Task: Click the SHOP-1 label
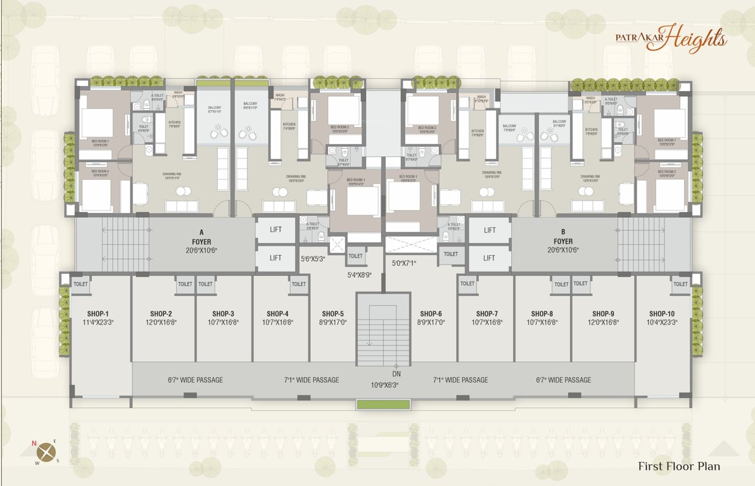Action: tap(98, 314)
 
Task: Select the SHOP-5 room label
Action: tap(333, 314)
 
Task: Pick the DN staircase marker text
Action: tap(396, 374)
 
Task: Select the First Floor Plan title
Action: tap(678, 466)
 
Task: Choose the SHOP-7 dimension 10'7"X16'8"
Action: tap(487, 322)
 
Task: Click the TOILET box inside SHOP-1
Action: tap(80, 284)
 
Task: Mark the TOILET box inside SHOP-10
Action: tap(680, 284)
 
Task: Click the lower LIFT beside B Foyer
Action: tap(489, 258)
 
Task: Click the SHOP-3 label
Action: tap(224, 314)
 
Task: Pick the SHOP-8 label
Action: tap(542, 314)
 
